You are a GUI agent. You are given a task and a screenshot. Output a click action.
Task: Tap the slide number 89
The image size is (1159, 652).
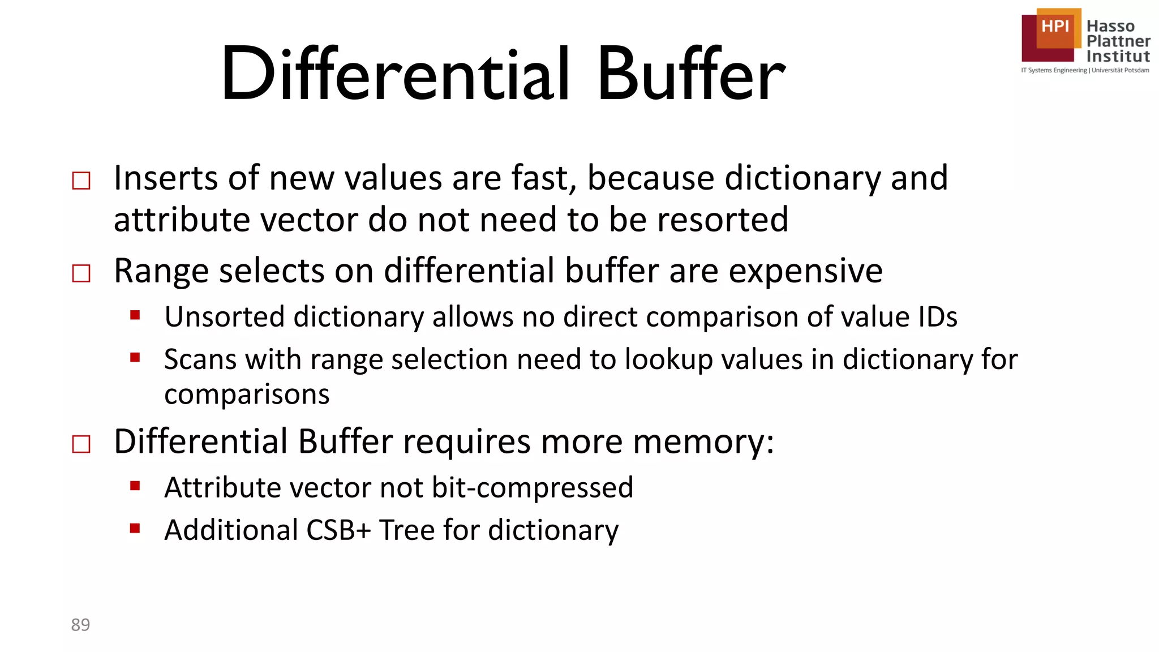click(x=80, y=625)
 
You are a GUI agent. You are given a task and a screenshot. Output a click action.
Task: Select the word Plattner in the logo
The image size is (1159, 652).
click(x=1118, y=41)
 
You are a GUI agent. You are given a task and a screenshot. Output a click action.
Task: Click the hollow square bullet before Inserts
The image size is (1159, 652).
click(x=81, y=181)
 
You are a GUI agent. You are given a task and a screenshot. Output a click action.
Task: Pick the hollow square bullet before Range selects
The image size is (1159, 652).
click(x=81, y=274)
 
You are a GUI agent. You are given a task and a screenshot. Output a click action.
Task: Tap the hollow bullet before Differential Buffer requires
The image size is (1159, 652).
click(x=81, y=444)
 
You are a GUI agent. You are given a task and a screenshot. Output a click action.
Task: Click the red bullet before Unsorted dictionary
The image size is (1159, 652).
click(x=135, y=315)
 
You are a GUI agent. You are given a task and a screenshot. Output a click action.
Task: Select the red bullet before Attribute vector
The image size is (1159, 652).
click(x=135, y=486)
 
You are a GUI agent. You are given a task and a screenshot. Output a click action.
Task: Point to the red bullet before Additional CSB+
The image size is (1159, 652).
click(x=135, y=529)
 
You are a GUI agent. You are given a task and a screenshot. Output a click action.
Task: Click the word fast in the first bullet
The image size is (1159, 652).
click(x=543, y=178)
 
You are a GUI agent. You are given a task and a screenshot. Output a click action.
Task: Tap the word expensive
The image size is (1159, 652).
click(x=805, y=272)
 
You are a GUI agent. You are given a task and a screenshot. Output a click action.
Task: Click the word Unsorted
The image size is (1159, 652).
click(x=224, y=317)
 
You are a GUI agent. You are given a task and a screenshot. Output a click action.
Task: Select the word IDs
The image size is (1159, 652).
click(x=937, y=317)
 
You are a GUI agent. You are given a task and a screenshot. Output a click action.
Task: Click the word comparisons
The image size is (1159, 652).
click(x=247, y=394)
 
